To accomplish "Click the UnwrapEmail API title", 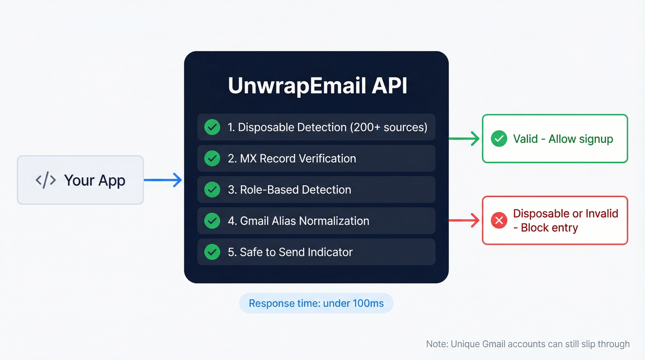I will [317, 86].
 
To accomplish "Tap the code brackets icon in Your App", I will [46, 180].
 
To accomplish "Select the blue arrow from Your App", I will [163, 180].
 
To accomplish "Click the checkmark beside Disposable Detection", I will [212, 127].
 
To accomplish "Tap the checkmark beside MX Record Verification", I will [212, 159].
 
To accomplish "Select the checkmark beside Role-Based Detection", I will [212, 189].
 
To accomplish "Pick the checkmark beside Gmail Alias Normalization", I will [212, 221].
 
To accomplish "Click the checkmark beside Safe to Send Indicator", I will [212, 252].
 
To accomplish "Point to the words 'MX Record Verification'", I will [298, 159].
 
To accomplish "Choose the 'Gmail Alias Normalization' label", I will [304, 221].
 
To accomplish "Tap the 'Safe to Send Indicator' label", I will [296, 252].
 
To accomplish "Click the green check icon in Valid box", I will [499, 139].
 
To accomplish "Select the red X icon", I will [499, 221].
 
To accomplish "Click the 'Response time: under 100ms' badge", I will [316, 303].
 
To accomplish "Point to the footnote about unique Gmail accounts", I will [528, 344].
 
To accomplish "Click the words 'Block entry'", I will [549, 228].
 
